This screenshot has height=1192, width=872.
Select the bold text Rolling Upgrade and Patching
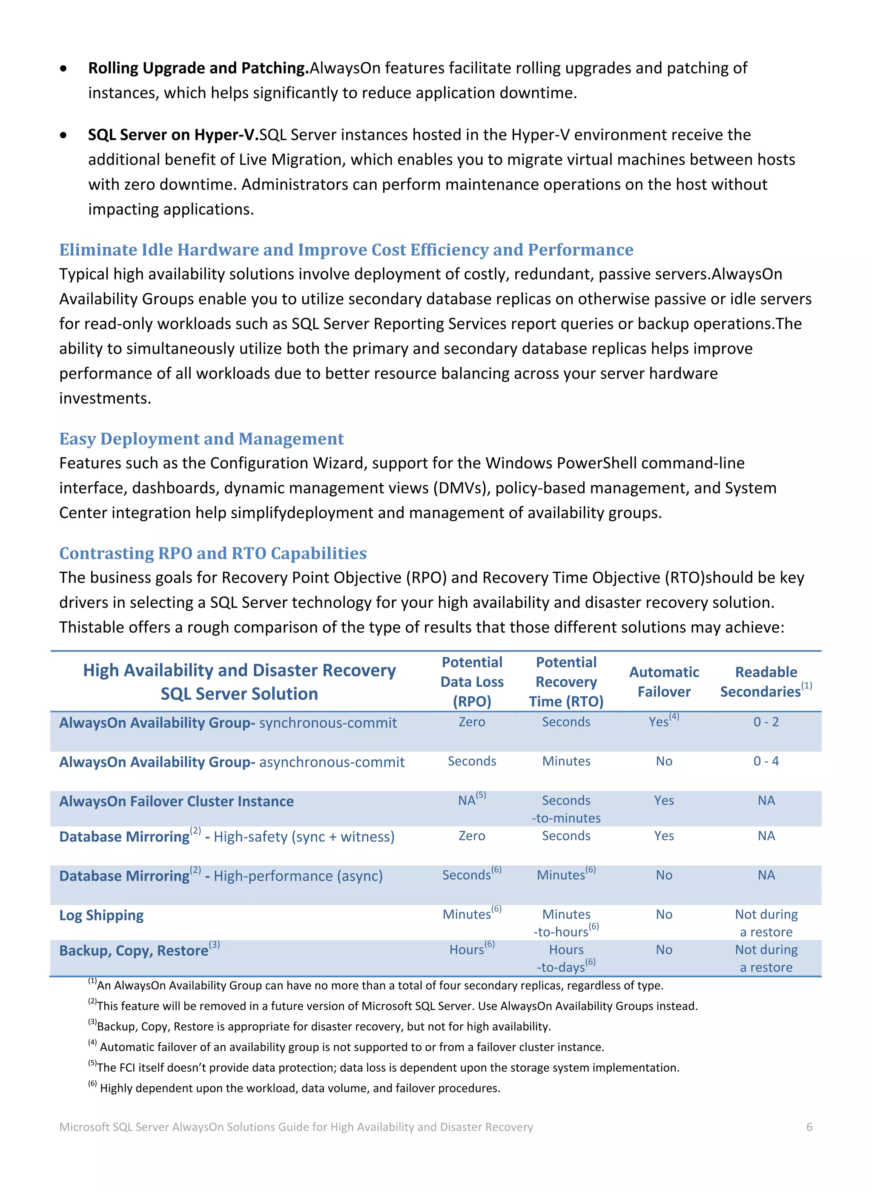(198, 68)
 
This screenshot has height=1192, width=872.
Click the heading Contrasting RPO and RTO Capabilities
(213, 553)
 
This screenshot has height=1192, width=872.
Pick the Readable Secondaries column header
(766, 682)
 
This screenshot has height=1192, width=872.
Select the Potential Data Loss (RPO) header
(472, 682)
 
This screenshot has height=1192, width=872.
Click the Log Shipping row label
(101, 915)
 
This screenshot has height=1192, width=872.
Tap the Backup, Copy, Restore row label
(134, 950)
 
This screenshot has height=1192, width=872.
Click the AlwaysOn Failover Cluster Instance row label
(176, 801)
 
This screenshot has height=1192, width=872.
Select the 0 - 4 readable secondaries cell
(766, 761)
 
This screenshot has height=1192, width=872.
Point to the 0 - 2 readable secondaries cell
(766, 722)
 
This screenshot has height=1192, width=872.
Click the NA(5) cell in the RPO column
(471, 800)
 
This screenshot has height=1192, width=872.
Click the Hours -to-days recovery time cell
(566, 958)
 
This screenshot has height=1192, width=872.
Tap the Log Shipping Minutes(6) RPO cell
(471, 914)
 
